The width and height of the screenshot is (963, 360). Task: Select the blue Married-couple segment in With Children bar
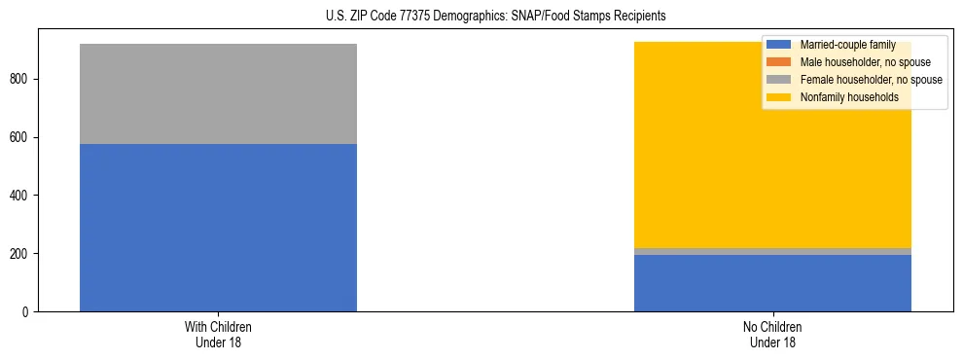[218, 228]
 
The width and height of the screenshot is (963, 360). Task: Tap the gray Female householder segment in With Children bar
[218, 93]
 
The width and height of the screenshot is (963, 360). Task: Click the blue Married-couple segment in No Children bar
[772, 283]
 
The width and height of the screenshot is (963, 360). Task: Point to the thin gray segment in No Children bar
[772, 251]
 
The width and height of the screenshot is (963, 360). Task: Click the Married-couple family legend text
[847, 45]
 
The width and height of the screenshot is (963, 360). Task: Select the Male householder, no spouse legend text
[865, 62]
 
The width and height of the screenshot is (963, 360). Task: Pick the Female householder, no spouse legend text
[871, 80]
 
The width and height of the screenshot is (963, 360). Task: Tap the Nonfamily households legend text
[849, 97]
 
